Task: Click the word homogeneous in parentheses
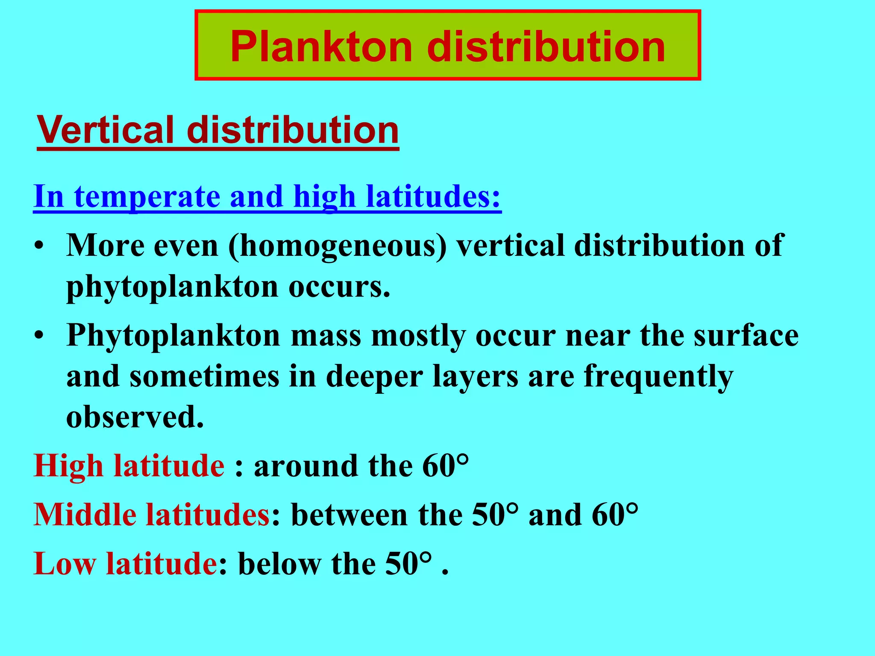tap(338, 246)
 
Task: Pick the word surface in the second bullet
tap(746, 335)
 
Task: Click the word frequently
tap(658, 376)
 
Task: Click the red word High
tap(68, 466)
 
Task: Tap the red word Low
tap(64, 564)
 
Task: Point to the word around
tap(305, 466)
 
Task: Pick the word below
tap(279, 564)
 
